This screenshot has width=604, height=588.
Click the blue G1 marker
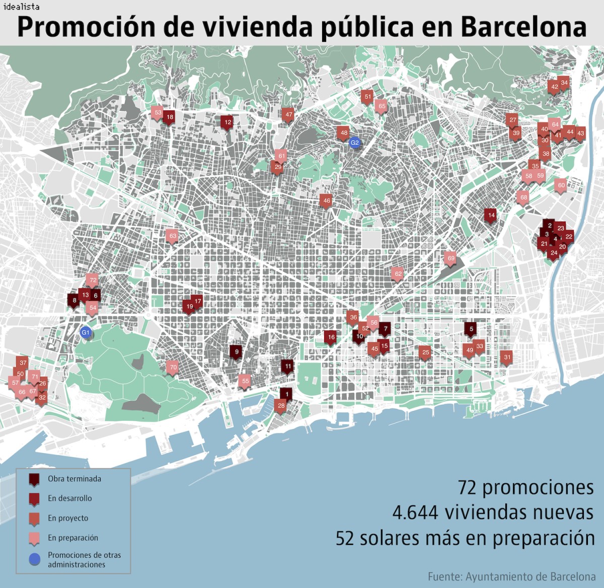pyautogui.click(x=86, y=332)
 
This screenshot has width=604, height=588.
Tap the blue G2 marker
pyautogui.click(x=354, y=142)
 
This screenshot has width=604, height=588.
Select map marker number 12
pyautogui.click(x=228, y=122)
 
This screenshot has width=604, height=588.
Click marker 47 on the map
pyautogui.click(x=288, y=115)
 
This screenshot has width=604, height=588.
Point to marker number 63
pyautogui.click(x=172, y=236)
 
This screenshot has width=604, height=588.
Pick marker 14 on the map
pyautogui.click(x=491, y=215)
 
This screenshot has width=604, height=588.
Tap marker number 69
pyautogui.click(x=450, y=259)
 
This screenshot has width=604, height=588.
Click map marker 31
pyautogui.click(x=506, y=357)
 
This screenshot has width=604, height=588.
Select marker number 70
pyautogui.click(x=173, y=367)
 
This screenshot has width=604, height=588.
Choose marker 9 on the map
pyautogui.click(x=236, y=352)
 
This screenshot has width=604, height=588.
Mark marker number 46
pyautogui.click(x=326, y=201)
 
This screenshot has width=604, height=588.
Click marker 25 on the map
pyautogui.click(x=425, y=352)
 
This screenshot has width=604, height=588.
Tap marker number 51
pyautogui.click(x=367, y=97)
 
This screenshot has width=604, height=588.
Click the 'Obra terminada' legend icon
pyautogui.click(x=34, y=480)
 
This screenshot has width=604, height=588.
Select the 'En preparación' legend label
pyautogui.click(x=73, y=538)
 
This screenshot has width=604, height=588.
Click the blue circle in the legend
pyautogui.click(x=34, y=559)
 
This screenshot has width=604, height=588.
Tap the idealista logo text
pyautogui.click(x=21, y=7)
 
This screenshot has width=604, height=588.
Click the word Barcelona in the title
pyautogui.click(x=523, y=28)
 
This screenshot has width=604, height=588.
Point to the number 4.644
pyautogui.click(x=415, y=512)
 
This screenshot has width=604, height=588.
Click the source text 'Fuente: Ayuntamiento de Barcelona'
pyautogui.click(x=511, y=576)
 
